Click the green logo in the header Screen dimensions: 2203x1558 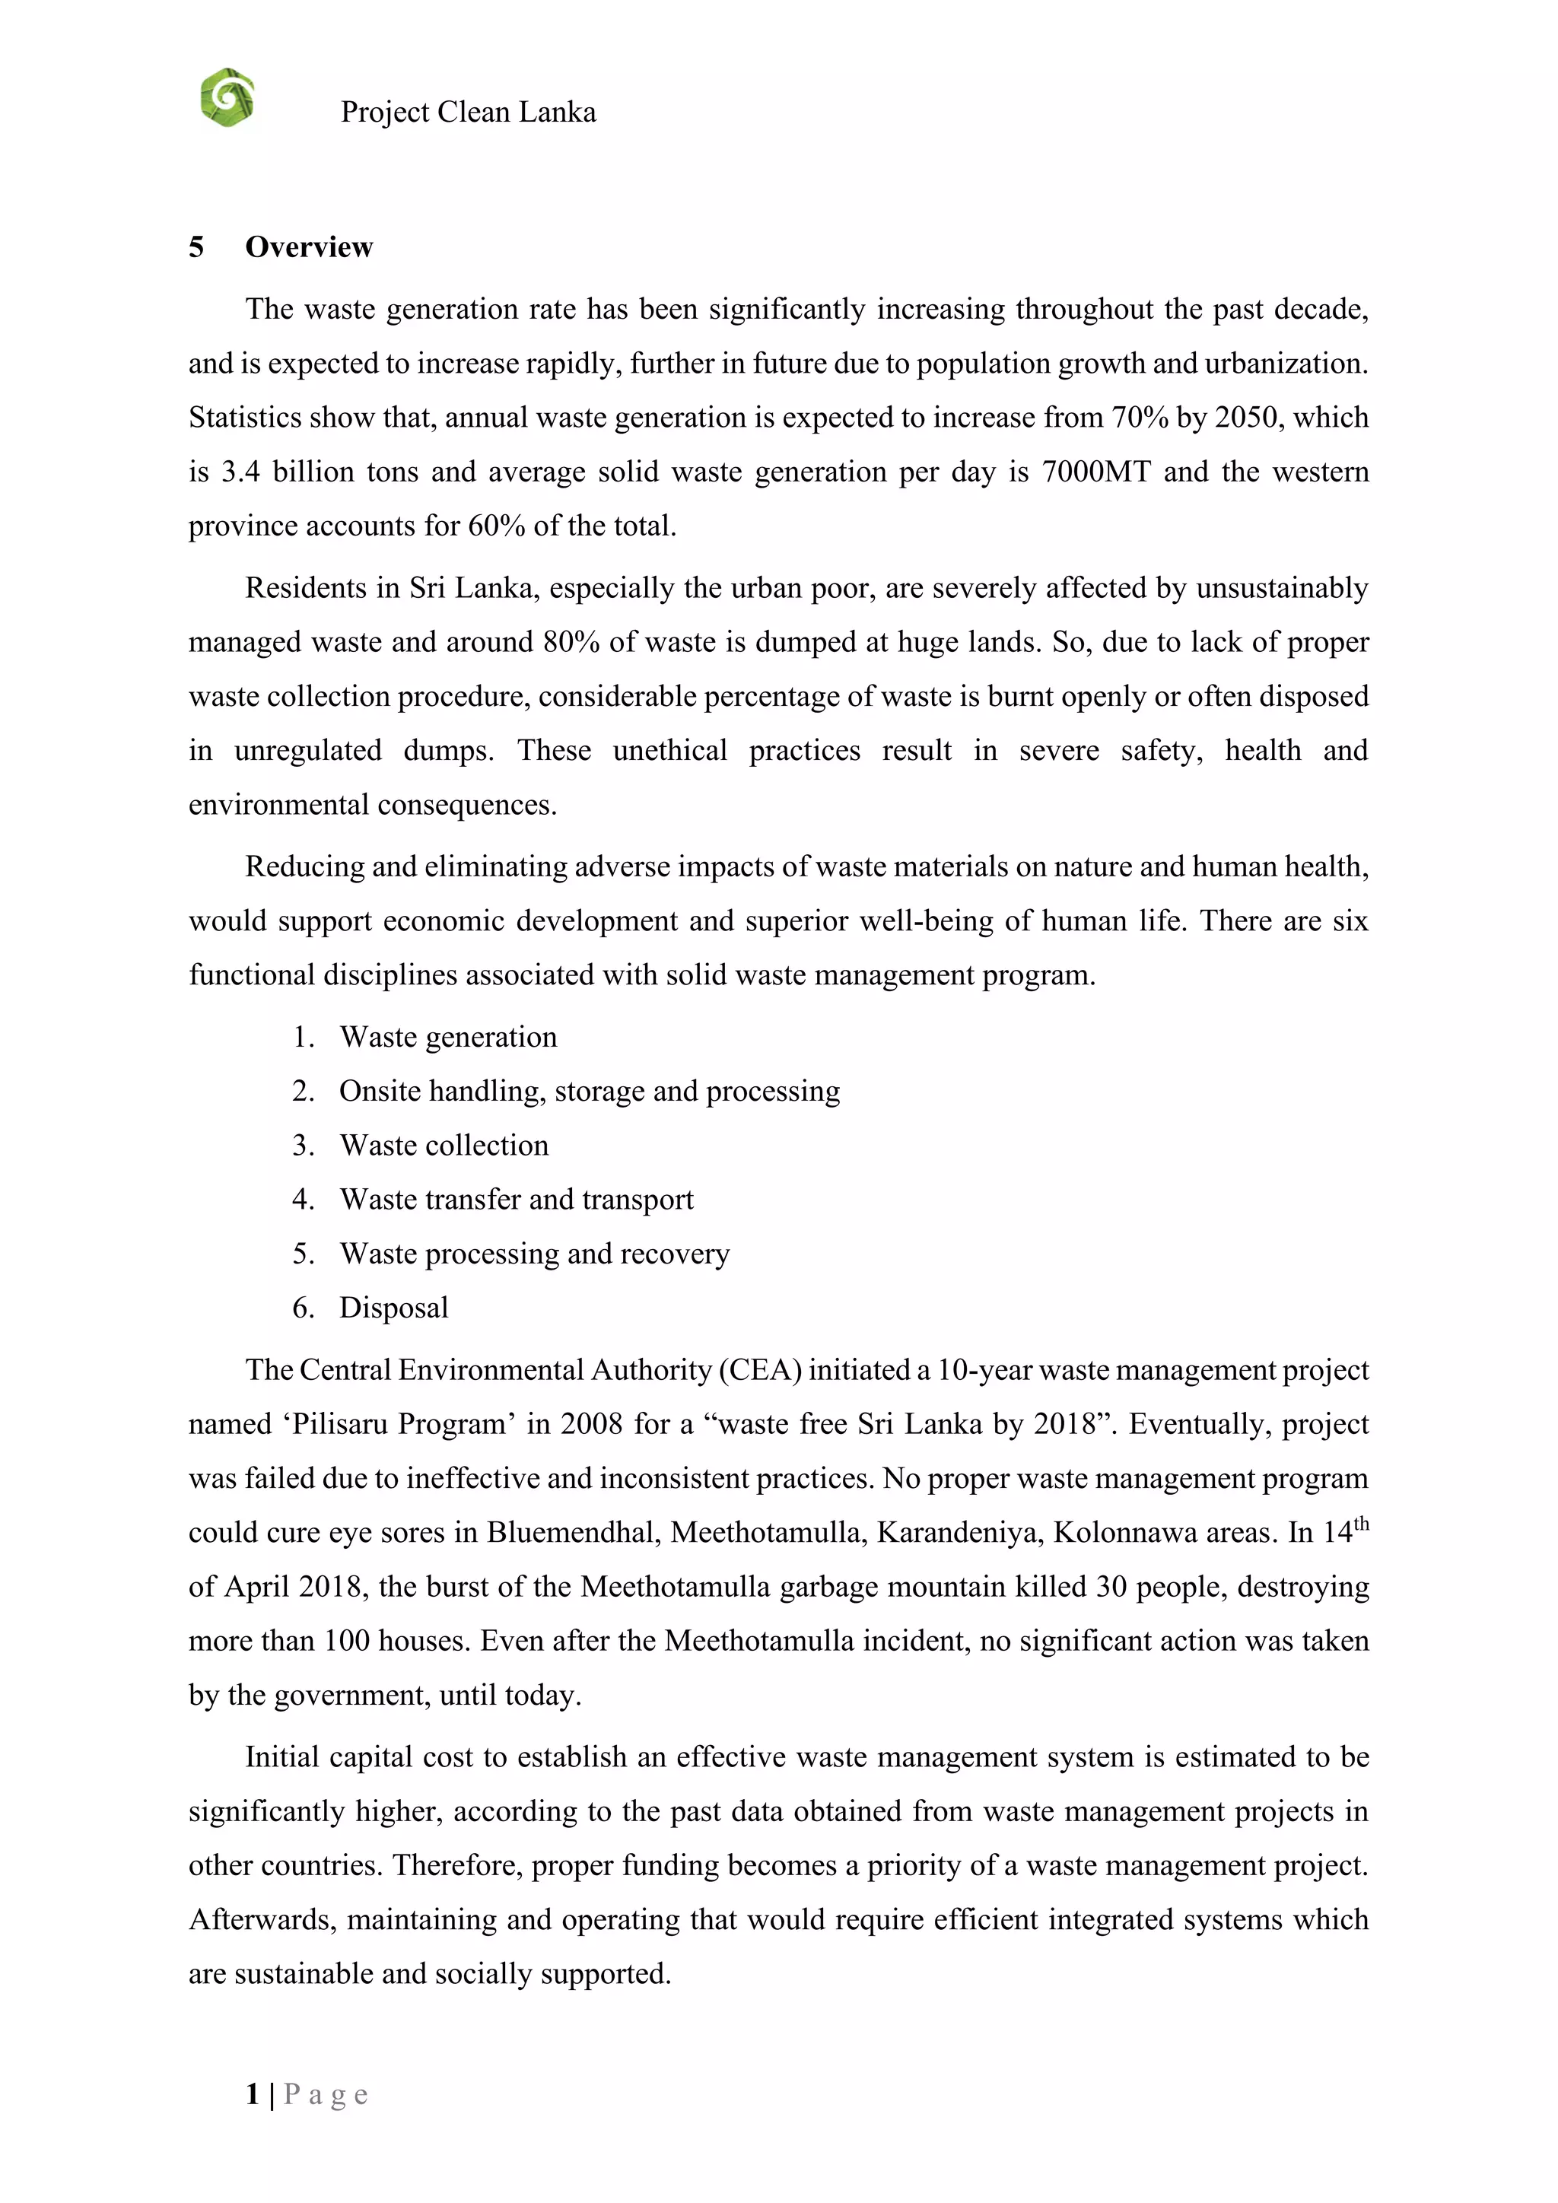[x=227, y=98]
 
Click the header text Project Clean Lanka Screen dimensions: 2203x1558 [x=468, y=113]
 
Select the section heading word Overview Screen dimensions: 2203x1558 [x=309, y=247]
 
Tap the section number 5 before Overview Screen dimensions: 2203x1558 [x=196, y=247]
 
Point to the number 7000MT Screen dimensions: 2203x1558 [x=1095, y=472]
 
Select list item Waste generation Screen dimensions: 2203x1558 [x=448, y=1037]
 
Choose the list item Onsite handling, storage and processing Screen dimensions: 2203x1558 [x=589, y=1092]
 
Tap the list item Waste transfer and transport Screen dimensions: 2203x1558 [x=516, y=1200]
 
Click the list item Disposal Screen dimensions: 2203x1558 [x=393, y=1308]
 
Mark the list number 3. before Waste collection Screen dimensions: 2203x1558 [x=304, y=1146]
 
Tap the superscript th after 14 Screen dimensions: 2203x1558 [x=1360, y=1524]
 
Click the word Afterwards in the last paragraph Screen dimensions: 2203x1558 [x=261, y=1920]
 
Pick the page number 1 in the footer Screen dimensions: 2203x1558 [x=253, y=2093]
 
